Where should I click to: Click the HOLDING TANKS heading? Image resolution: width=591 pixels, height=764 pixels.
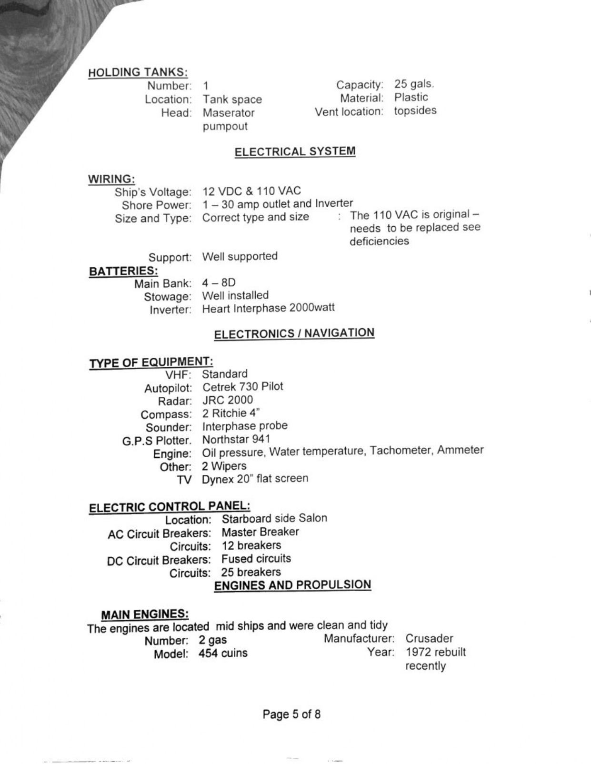coord(138,72)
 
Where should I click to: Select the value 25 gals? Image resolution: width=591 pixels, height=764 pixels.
coord(414,84)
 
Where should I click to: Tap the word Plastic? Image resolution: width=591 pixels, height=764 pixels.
coord(411,98)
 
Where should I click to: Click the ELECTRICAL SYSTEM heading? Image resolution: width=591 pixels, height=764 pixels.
coord(295,151)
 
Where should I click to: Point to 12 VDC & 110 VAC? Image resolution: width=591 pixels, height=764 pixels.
coord(251,191)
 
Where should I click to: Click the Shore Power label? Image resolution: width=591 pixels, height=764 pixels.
coord(156,205)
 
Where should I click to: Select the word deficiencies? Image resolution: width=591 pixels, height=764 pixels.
coord(379,241)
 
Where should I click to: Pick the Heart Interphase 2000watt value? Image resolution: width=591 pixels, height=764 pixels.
coord(268,308)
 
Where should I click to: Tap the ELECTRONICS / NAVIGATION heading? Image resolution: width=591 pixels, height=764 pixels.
coord(294,333)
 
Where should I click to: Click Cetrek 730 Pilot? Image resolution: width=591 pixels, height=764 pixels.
coord(242,386)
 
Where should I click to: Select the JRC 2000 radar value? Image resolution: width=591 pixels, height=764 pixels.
coord(227,400)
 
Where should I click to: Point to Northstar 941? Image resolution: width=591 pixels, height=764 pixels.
coord(236,439)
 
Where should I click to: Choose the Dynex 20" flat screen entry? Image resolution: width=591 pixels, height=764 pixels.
coord(255,479)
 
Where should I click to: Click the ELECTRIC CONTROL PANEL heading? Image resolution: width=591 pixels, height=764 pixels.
coord(170,507)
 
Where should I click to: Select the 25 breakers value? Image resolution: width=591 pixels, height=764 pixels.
coord(251,572)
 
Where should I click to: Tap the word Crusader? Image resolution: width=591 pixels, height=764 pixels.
coord(429,638)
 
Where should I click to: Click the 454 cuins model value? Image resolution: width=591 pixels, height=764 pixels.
coord(223,653)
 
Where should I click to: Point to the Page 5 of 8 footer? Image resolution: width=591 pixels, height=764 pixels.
coord(291,714)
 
